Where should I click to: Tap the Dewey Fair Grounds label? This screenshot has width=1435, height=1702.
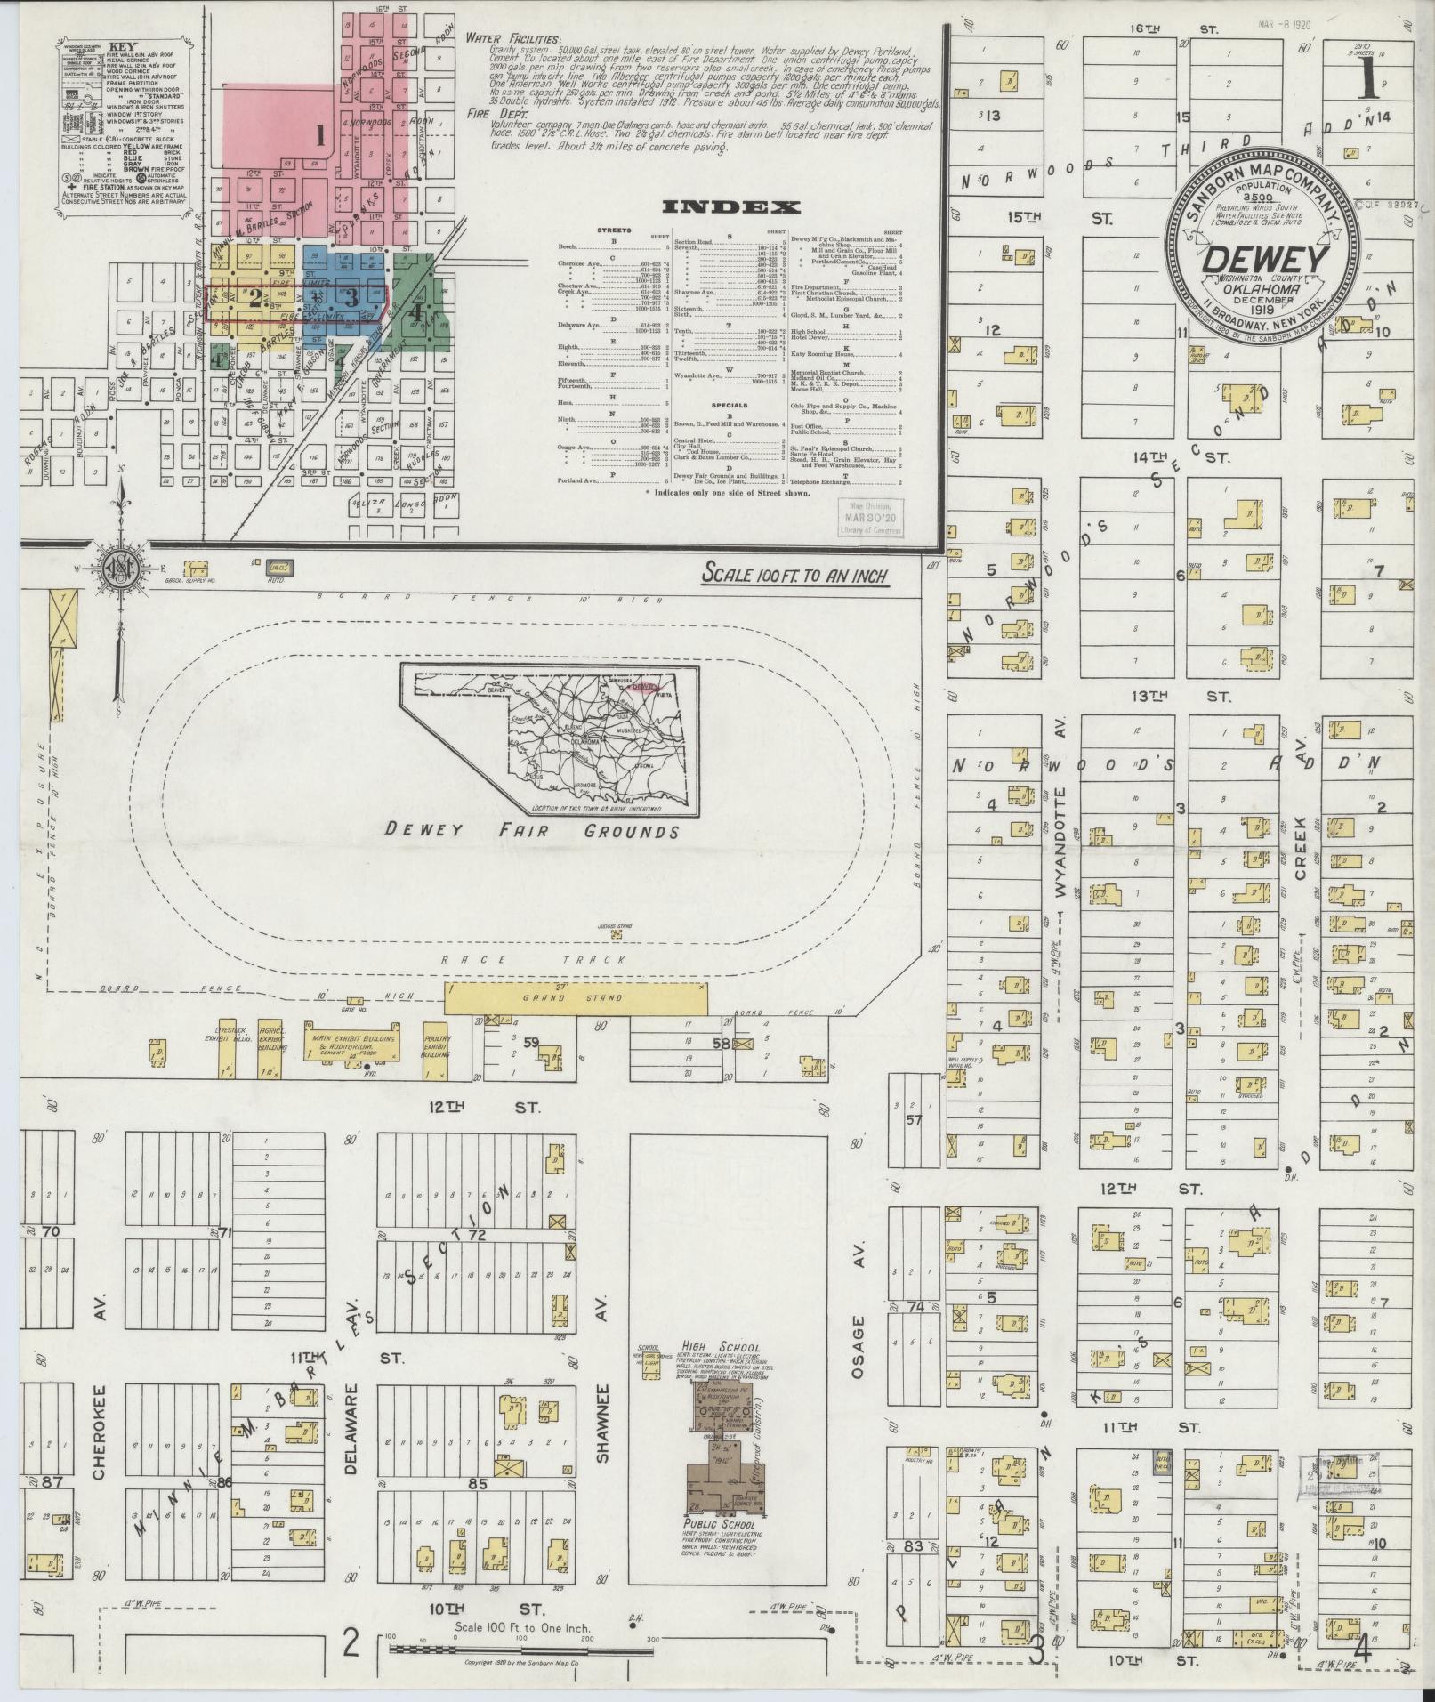pyautogui.click(x=532, y=830)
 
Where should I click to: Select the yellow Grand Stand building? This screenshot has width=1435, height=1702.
pyautogui.click(x=577, y=998)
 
